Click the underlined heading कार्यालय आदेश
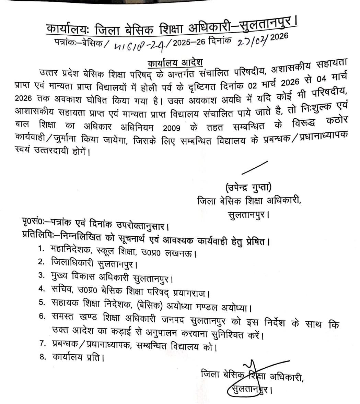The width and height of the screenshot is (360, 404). (175, 63)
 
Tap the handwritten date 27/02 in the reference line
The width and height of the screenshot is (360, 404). (248, 41)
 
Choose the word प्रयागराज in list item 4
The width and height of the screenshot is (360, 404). (191, 293)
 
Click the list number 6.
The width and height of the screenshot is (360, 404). (42, 316)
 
